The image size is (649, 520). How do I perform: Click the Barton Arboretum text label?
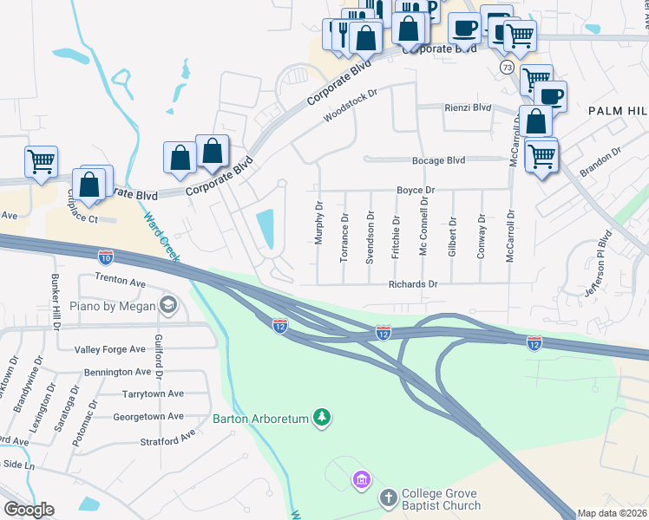[261, 419]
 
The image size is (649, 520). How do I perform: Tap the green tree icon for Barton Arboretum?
[322, 419]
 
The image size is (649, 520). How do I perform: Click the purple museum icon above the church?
[361, 478]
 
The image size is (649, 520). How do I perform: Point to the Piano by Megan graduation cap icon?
[167, 305]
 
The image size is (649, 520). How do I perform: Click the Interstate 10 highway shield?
[105, 257]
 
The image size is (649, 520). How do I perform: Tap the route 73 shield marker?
[506, 67]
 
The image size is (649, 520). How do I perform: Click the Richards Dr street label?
[413, 283]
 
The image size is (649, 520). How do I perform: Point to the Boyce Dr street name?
[415, 190]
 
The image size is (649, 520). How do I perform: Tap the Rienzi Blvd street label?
[468, 108]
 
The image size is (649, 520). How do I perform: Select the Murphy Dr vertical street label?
[319, 224]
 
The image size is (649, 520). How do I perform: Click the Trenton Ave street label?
[113, 282]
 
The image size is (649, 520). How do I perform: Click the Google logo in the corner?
[29, 510]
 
